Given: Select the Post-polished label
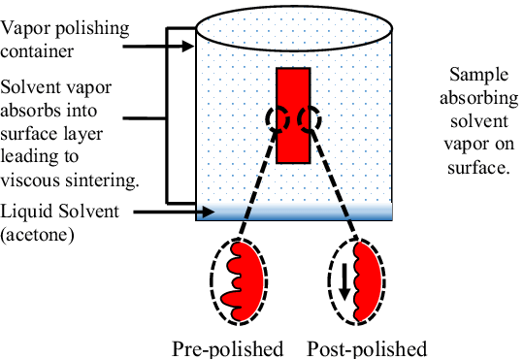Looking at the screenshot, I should click(367, 348).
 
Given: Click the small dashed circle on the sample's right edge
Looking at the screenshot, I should click(311, 119).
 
